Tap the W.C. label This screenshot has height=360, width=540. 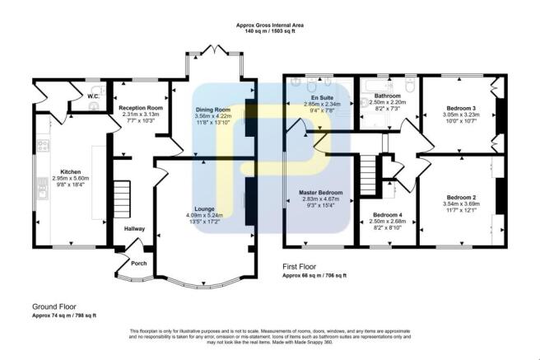[x=94, y=96]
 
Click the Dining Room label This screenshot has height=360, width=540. [x=212, y=110]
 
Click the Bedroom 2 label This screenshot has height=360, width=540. [x=462, y=197]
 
